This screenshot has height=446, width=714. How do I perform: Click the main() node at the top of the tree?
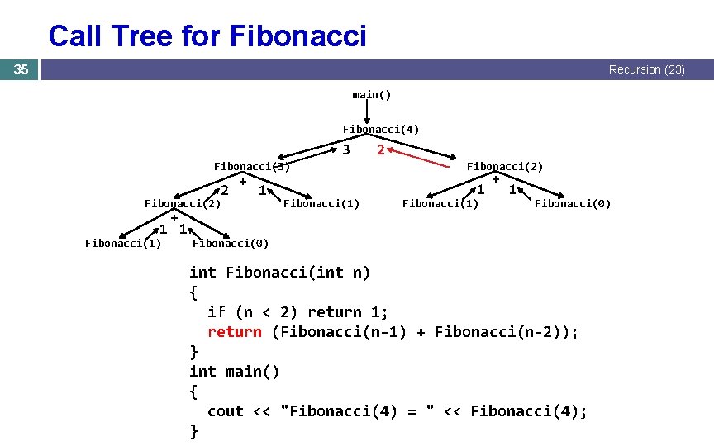pyautogui.click(x=371, y=94)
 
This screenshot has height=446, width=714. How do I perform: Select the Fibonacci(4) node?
pyautogui.click(x=380, y=129)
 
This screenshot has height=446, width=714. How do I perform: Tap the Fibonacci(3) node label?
pyautogui.click(x=251, y=166)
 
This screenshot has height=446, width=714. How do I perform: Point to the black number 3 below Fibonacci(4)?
pyautogui.click(x=346, y=150)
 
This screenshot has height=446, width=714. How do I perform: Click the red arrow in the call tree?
pyautogui.click(x=421, y=154)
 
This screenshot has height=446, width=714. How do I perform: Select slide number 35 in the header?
pyautogui.click(x=21, y=69)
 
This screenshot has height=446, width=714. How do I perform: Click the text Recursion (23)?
pyautogui.click(x=646, y=69)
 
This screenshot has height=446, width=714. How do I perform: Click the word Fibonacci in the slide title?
pyautogui.click(x=297, y=36)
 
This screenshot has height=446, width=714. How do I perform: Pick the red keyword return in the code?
pyautogui.click(x=234, y=332)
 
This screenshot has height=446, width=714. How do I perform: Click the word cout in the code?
pyautogui.click(x=225, y=411)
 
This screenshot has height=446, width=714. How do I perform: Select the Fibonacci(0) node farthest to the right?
pyautogui.click(x=573, y=203)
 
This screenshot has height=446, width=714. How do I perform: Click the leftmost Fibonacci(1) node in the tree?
pyautogui.click(x=123, y=243)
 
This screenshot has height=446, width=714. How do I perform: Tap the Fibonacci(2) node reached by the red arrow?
pyautogui.click(x=505, y=166)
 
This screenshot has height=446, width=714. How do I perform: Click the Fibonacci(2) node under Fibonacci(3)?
pyautogui.click(x=183, y=203)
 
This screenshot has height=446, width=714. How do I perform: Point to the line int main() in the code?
pyautogui.click(x=235, y=372)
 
